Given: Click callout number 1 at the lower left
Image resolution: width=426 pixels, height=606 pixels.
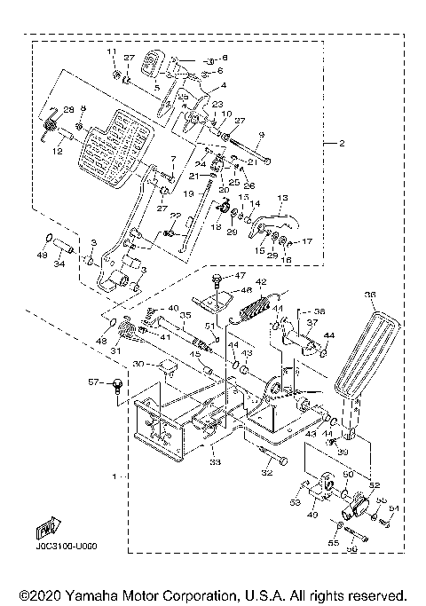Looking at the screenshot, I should (x=113, y=476).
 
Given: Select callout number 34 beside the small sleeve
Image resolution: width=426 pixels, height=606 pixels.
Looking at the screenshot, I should (x=59, y=263).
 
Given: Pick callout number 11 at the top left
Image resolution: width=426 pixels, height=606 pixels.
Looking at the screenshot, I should (x=113, y=53).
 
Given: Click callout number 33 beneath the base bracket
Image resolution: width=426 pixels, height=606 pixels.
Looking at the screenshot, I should (x=216, y=461).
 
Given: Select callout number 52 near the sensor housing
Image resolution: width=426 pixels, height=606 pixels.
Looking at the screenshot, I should (x=375, y=485).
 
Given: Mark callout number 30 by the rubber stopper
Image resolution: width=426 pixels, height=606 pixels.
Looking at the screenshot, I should (x=139, y=365).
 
